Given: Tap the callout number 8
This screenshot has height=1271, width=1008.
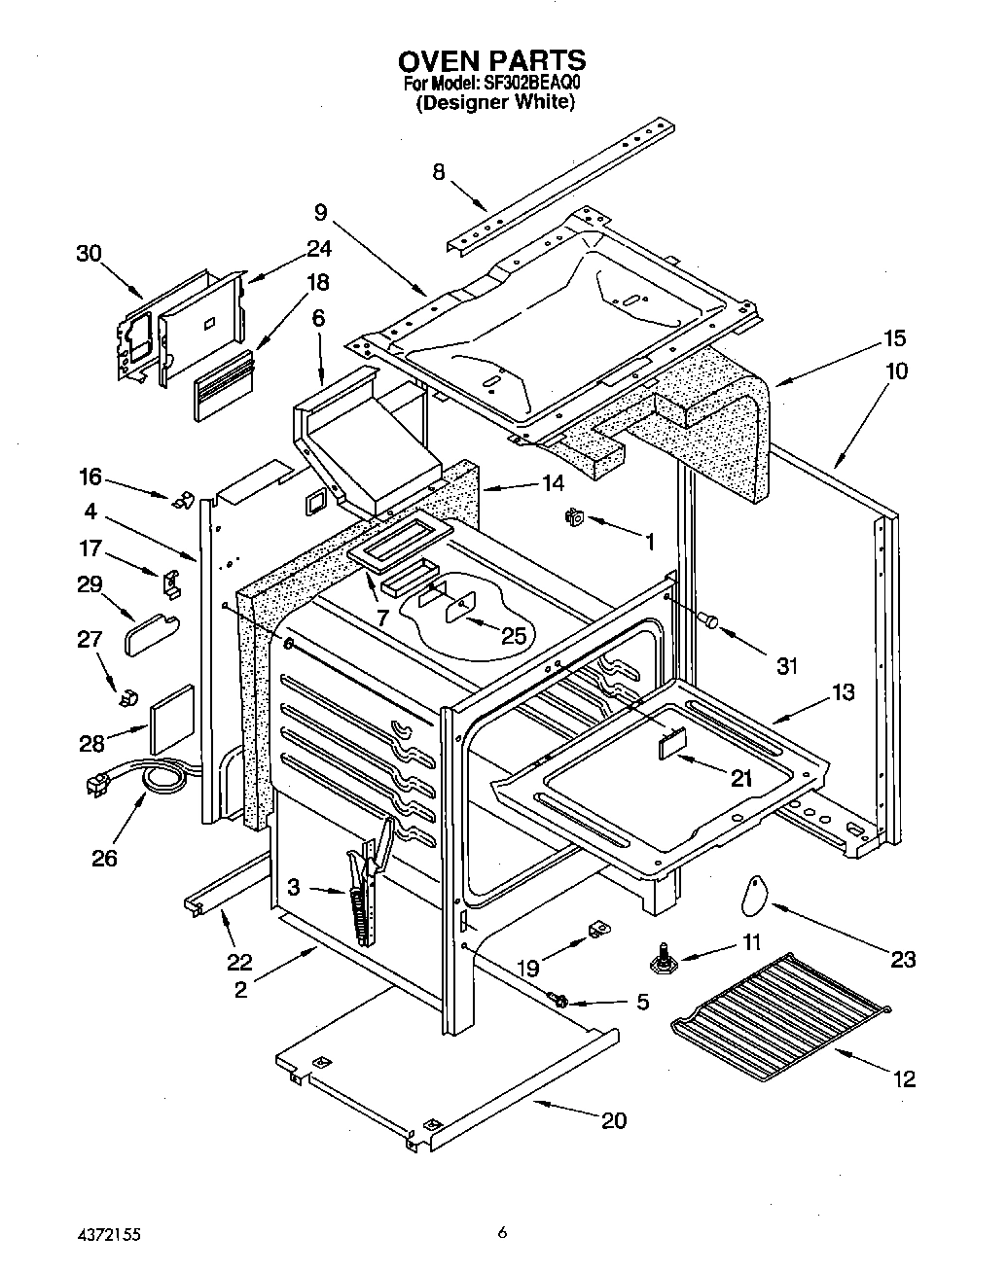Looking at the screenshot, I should pyautogui.click(x=439, y=172).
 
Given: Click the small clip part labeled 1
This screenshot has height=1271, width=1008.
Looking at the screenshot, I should pyautogui.click(x=573, y=518).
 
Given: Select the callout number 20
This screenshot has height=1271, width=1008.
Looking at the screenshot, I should pyautogui.click(x=613, y=1120).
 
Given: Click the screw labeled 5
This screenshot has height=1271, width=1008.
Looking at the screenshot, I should pyautogui.click(x=561, y=999).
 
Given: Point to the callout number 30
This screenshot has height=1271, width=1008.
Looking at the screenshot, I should pyautogui.click(x=89, y=253).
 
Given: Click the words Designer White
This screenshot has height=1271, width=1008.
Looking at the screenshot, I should pyautogui.click(x=494, y=101).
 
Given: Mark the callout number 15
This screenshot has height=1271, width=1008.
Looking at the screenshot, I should pyautogui.click(x=894, y=338).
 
